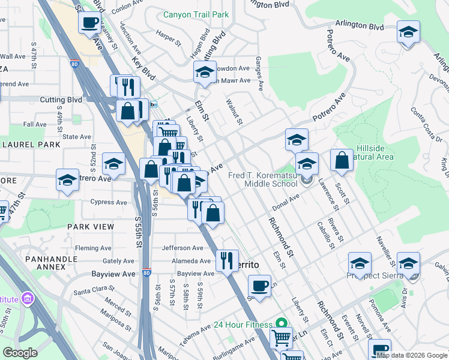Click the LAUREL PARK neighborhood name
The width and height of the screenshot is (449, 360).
(31, 145)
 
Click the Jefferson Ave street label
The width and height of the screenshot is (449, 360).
(182, 248)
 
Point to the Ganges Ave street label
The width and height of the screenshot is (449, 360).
(259, 74)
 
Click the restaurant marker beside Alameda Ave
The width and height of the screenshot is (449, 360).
(227, 260)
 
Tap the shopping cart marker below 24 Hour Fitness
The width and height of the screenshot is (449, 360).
(281, 339)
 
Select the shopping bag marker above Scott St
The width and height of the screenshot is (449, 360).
(342, 160)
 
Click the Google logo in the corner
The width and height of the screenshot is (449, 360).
(20, 352)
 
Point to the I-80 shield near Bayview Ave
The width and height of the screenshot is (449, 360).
(147, 273)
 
